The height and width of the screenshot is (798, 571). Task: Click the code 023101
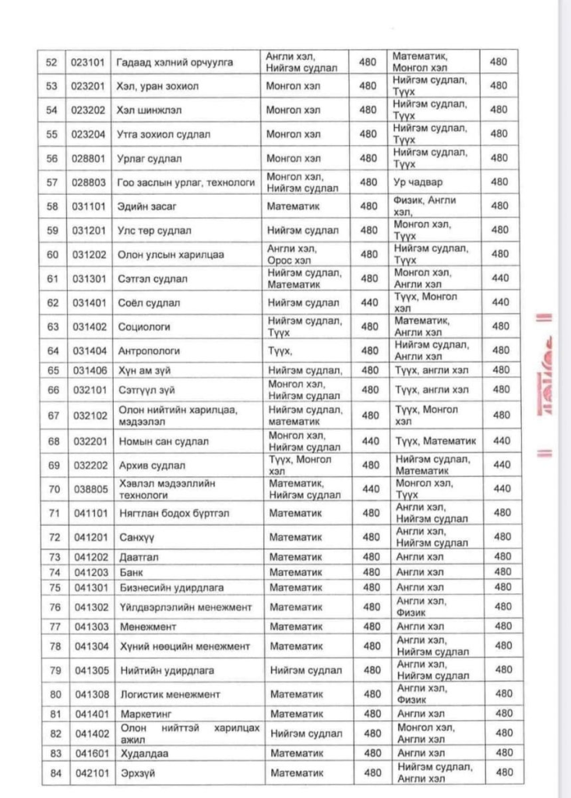pyautogui.click(x=86, y=62)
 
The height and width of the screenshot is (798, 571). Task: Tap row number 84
pyautogui.click(x=53, y=772)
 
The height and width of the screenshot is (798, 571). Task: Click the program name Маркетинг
pyautogui.click(x=146, y=714)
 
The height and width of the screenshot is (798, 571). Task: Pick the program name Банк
pyautogui.click(x=132, y=572)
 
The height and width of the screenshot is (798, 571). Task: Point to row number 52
pyautogui.click(x=52, y=62)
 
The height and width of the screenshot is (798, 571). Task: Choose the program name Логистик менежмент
pyautogui.click(x=171, y=694)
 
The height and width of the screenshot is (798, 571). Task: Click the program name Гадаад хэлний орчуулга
pyautogui.click(x=175, y=62)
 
